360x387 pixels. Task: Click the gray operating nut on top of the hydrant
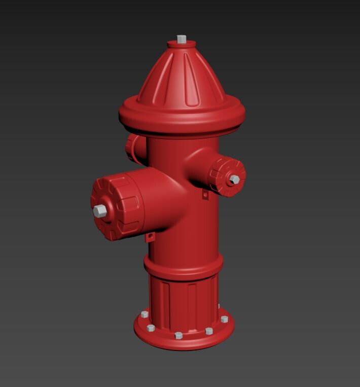click(x=182, y=38)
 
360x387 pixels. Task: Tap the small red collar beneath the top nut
click(x=182, y=45)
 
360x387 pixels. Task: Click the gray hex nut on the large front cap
click(x=100, y=211)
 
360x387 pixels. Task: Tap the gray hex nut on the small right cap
click(x=234, y=179)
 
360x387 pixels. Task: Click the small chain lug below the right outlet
click(x=205, y=194)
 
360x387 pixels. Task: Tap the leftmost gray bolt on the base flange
click(x=145, y=315)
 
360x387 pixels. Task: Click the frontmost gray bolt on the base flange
click(x=178, y=335)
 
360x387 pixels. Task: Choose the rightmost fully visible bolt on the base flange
click(x=224, y=319)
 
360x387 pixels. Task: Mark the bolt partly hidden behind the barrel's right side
click(x=219, y=305)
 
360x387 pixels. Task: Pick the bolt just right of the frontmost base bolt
click(x=209, y=331)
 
